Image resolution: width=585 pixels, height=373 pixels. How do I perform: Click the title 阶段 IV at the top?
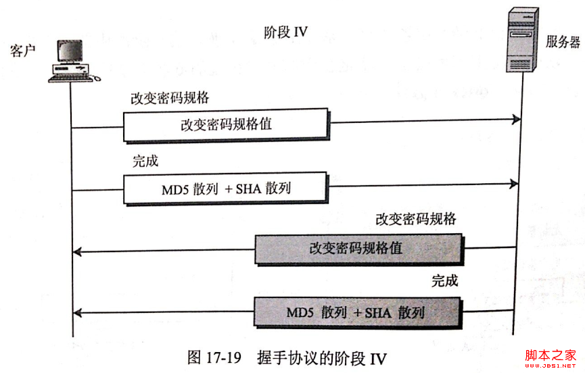[285, 32]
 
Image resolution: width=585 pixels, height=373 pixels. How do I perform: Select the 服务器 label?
[563, 42]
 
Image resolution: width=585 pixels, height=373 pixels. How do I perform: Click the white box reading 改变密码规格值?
[227, 126]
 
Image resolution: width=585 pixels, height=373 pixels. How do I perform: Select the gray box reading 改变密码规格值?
[358, 248]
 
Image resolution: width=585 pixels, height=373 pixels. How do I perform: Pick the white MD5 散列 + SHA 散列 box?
[227, 188]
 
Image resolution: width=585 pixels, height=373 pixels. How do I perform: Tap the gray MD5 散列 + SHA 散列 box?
[358, 313]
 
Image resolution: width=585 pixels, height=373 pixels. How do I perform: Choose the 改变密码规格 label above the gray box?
[415, 219]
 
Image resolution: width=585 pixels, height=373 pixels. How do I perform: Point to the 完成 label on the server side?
[444, 281]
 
